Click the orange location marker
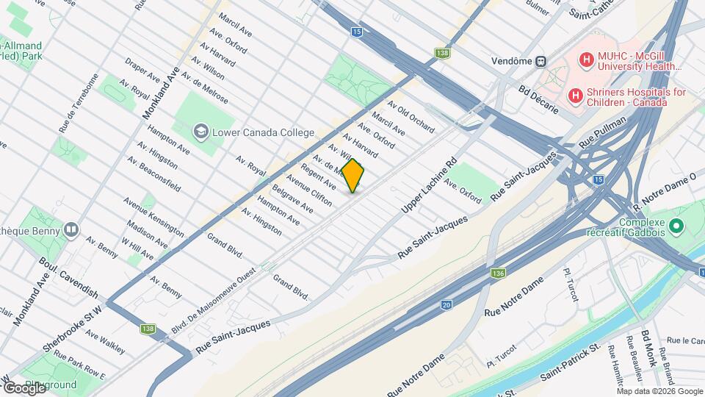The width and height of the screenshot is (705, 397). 353,176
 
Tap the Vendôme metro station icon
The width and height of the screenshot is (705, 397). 540,60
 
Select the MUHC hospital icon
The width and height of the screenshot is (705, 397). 586,60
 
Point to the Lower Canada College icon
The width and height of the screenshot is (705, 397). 200,132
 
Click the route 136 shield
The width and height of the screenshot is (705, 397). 499,273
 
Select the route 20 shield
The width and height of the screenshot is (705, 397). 446,304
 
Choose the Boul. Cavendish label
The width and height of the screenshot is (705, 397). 67,271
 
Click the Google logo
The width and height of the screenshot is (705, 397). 23,387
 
